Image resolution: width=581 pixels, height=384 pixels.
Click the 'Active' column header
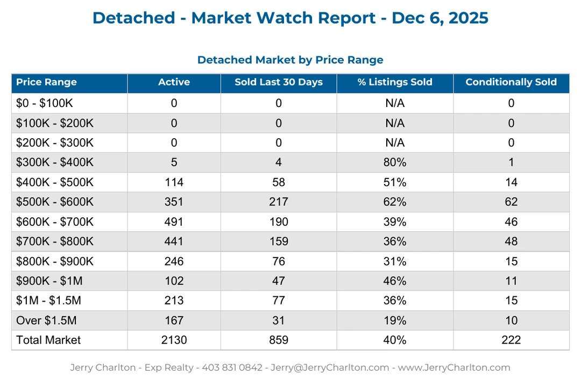[174, 82]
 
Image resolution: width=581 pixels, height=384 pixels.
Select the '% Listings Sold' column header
[395, 82]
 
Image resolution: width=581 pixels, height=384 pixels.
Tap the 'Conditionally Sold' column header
[511, 82]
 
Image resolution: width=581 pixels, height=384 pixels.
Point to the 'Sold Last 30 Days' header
[279, 82]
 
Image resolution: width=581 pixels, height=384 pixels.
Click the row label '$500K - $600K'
[55, 202]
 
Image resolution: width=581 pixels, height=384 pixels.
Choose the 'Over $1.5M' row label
[46, 321]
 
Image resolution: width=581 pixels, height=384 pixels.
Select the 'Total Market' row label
[48, 340]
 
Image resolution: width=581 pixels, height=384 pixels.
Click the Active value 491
[174, 222]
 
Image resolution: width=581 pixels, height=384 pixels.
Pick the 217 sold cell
[279, 202]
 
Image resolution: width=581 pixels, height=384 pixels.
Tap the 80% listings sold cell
[395, 162]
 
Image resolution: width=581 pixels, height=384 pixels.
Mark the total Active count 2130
[174, 340]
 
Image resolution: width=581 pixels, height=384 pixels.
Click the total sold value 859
[279, 340]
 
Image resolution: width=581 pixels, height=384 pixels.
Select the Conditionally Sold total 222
[511, 340]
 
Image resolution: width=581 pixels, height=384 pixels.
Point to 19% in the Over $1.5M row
[395, 321]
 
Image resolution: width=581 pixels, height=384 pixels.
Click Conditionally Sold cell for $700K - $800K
[511, 241]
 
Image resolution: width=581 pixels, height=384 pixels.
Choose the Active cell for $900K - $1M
[174, 281]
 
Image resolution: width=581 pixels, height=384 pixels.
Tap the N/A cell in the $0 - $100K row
[395, 103]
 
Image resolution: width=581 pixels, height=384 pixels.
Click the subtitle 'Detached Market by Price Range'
[290, 60]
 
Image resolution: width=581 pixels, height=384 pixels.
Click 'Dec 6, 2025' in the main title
[440, 18]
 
